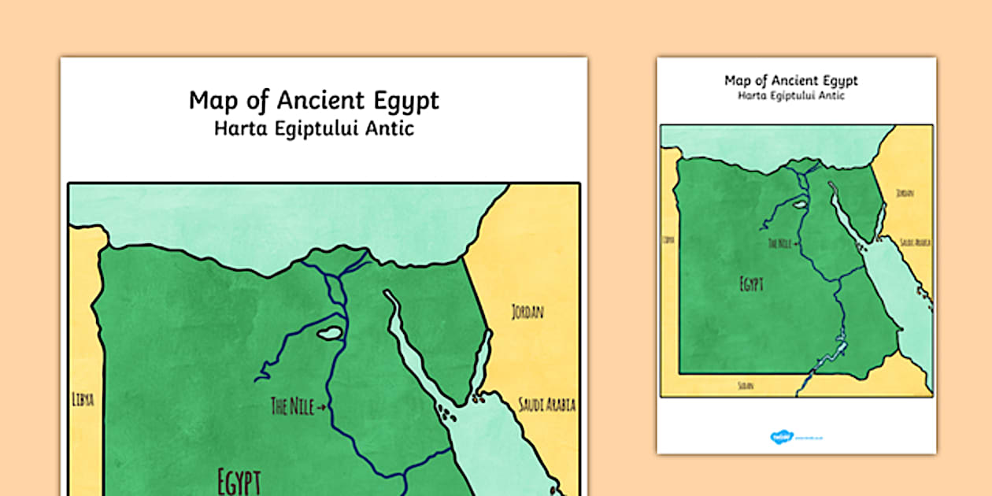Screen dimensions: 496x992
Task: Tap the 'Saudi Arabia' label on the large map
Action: [x=546, y=405]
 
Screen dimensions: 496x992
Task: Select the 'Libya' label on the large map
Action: [x=82, y=399]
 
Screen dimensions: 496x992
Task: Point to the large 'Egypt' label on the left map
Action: [x=239, y=480]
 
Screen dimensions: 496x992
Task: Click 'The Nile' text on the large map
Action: [x=291, y=406]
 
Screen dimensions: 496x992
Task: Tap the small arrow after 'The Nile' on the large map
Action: [x=321, y=407]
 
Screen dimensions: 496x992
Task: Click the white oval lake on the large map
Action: [x=329, y=333]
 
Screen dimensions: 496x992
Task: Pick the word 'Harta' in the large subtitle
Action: [x=239, y=128]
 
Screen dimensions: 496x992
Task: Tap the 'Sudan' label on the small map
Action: [x=744, y=386]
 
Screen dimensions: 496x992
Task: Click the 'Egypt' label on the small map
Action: [x=751, y=283]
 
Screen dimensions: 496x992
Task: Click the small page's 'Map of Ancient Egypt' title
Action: [x=790, y=80]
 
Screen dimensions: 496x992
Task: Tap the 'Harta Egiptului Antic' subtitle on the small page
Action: [x=790, y=95]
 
